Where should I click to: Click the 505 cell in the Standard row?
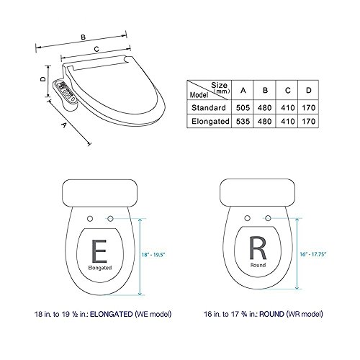(x=243, y=107)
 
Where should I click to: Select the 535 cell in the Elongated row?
(x=243, y=121)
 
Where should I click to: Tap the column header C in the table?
(x=288, y=91)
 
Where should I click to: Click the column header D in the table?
(x=309, y=90)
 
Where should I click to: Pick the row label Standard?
(x=209, y=107)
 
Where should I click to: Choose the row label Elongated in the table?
(x=210, y=121)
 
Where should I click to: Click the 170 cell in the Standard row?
(x=309, y=107)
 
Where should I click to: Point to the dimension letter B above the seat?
(x=83, y=37)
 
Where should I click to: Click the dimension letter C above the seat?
(x=96, y=49)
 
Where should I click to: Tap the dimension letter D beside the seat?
(x=43, y=79)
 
